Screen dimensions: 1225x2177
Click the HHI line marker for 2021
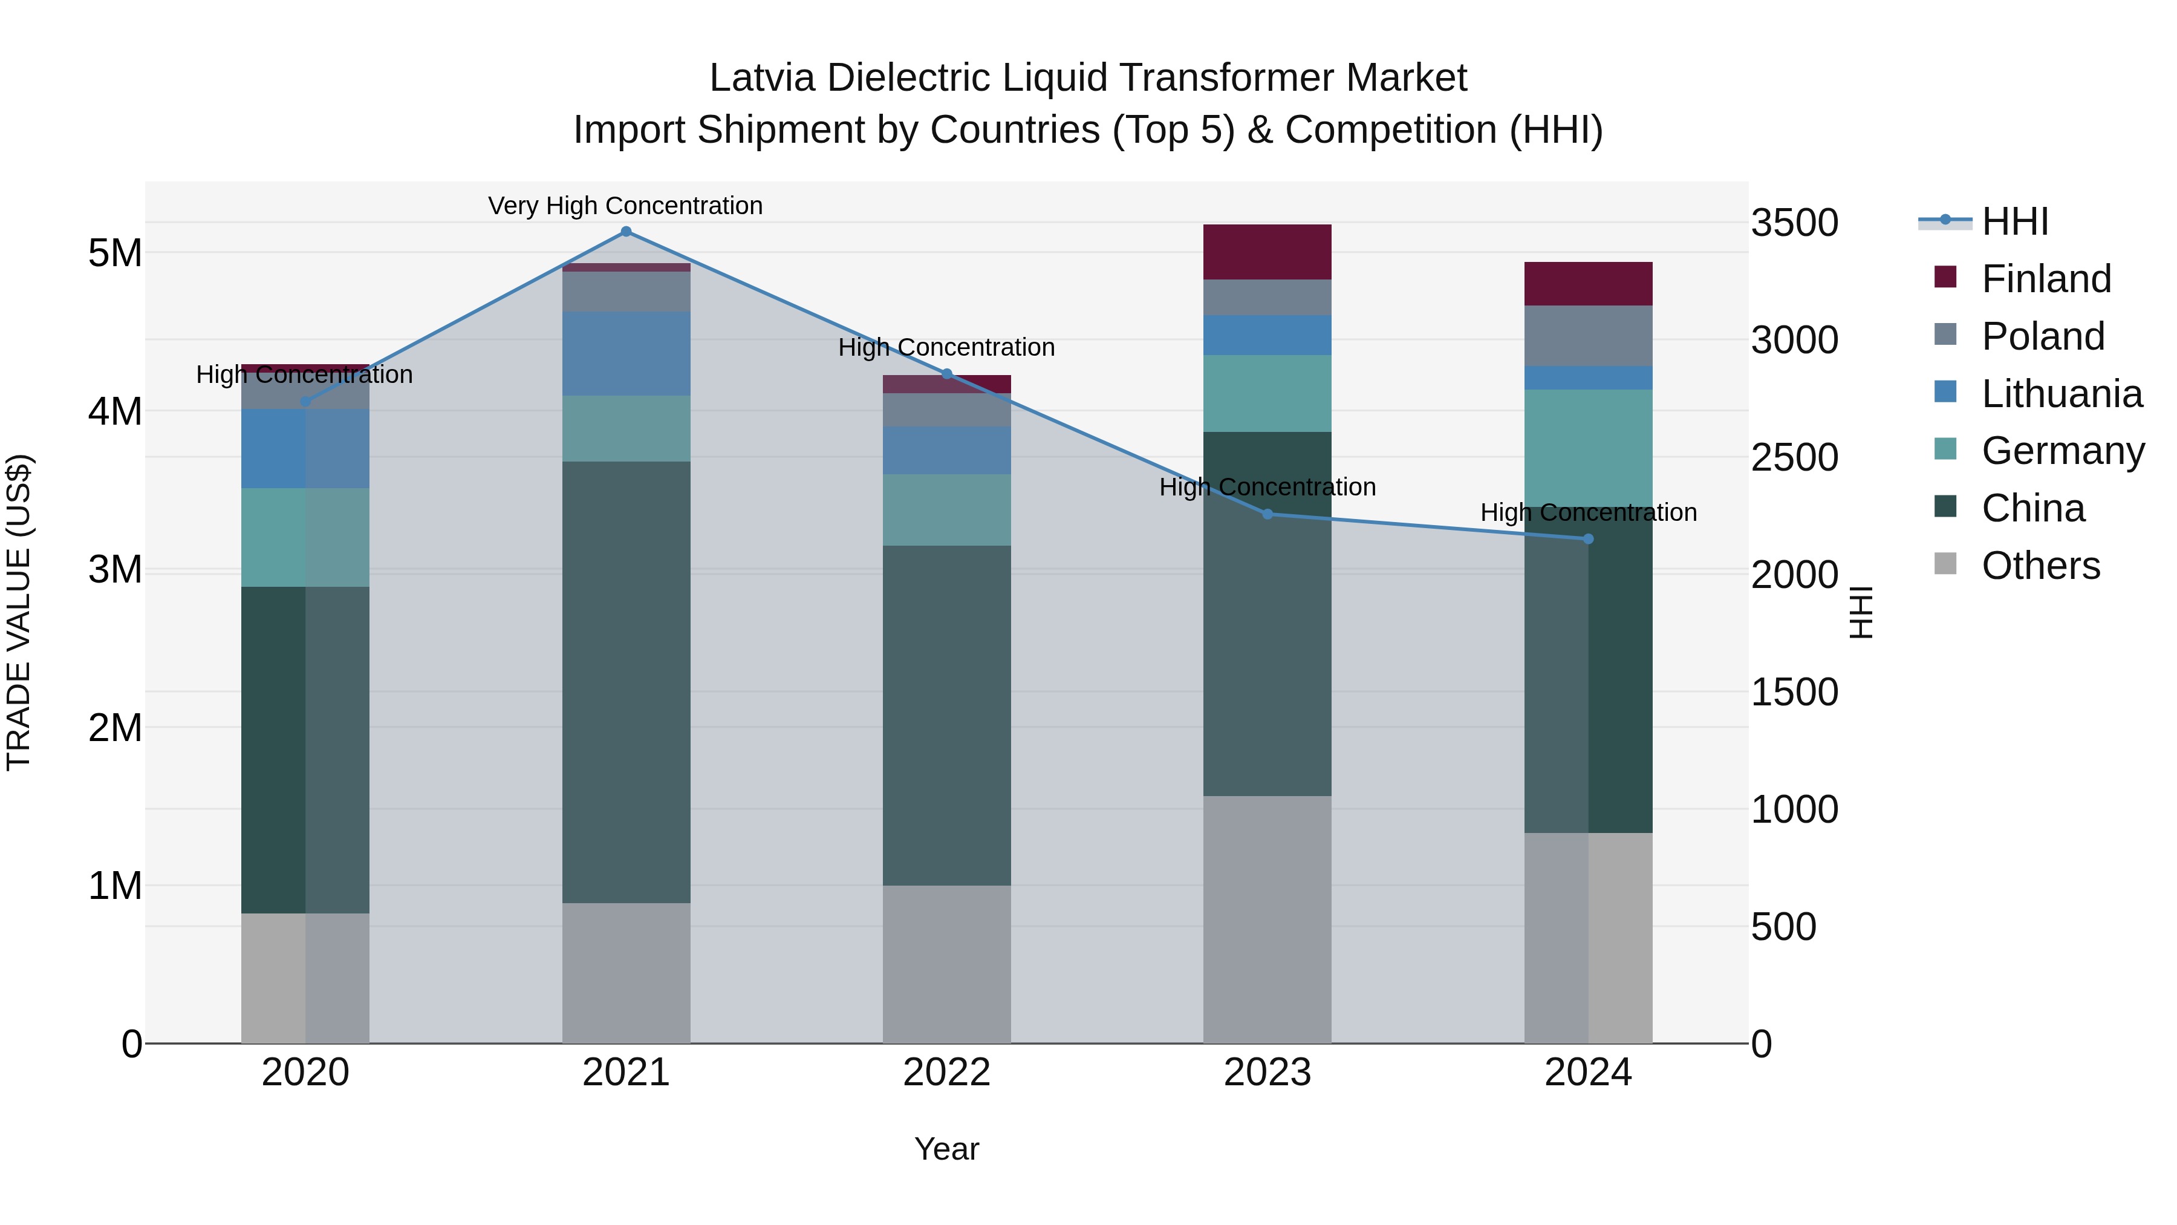[625, 232]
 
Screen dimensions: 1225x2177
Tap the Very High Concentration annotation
[625, 206]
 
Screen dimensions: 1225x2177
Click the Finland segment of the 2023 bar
[1267, 252]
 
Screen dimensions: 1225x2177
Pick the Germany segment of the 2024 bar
[1588, 448]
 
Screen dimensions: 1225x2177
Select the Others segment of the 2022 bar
[946, 964]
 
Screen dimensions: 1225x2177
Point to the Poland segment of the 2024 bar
[1588, 336]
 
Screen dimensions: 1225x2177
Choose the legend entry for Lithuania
[2061, 394]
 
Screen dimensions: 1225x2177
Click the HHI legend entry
[2015, 221]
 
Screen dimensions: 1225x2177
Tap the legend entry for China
[2032, 509]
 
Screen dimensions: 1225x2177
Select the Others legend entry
[2040, 566]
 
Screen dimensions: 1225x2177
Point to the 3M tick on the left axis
[115, 570]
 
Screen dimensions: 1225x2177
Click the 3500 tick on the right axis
[1794, 223]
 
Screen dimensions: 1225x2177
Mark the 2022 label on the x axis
[946, 1073]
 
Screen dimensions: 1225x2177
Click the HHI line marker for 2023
[1267, 514]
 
